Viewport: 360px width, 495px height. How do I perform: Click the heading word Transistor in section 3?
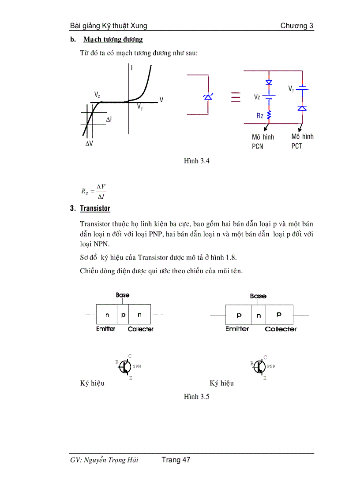[95, 208]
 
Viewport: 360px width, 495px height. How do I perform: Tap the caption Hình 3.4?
[196, 161]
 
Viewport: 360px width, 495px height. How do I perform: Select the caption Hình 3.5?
[196, 397]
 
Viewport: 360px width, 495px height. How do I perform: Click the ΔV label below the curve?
[89, 144]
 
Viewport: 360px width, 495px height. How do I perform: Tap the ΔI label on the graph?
[109, 119]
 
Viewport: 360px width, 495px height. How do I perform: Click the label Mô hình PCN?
[262, 141]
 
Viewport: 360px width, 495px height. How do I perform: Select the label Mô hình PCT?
[302, 141]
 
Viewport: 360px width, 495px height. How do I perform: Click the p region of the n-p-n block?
[123, 315]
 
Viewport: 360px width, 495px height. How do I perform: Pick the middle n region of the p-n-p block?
[259, 315]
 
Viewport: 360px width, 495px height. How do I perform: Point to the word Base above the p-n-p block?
[258, 296]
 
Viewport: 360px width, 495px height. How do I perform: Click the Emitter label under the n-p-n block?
[106, 329]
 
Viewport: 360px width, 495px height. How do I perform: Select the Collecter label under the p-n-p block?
[281, 329]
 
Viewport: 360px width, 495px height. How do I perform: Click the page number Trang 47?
[176, 460]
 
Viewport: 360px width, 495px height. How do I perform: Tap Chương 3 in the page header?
[297, 26]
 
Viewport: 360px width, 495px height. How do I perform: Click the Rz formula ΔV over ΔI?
[93, 192]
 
